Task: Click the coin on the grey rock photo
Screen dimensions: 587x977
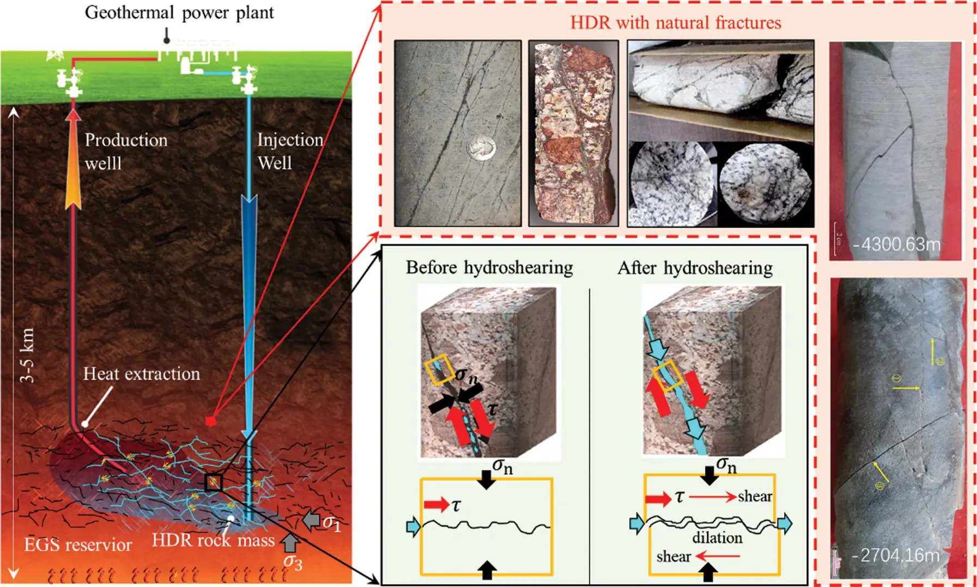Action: (482, 147)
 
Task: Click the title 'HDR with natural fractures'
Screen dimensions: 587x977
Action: (675, 23)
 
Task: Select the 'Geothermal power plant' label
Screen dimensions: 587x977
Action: (179, 13)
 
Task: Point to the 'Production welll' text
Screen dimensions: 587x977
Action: (125, 151)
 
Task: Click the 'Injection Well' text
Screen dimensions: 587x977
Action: (289, 151)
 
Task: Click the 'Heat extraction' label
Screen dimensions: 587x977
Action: (141, 374)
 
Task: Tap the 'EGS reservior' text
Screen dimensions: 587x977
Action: (78, 545)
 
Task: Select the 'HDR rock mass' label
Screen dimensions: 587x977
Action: (213, 540)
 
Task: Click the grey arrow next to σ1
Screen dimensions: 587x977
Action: (311, 521)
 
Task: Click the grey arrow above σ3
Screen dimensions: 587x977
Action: (290, 542)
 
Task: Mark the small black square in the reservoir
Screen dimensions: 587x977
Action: (213, 482)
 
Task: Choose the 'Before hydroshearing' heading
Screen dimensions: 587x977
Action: (489, 268)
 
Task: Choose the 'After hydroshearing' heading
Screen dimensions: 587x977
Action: (695, 268)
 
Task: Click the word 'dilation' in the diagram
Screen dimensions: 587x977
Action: (717, 538)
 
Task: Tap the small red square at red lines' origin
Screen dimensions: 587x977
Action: (211, 421)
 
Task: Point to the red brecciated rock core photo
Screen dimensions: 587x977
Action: (573, 133)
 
